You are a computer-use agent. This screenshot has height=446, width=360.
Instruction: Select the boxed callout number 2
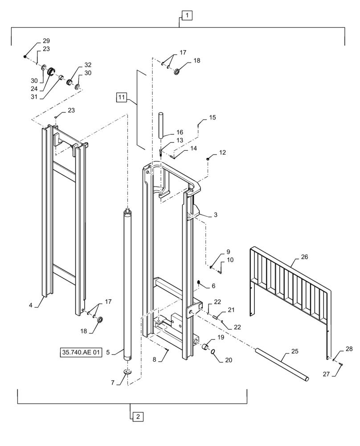pyautogui.click(x=138, y=417)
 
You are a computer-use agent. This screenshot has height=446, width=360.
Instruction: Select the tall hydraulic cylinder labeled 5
pyautogui.click(x=128, y=285)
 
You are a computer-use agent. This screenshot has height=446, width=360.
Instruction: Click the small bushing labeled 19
pyautogui.click(x=206, y=347)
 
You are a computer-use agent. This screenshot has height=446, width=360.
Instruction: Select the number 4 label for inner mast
pyautogui.click(x=31, y=305)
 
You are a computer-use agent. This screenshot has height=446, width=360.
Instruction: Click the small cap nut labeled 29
pyautogui.click(x=25, y=56)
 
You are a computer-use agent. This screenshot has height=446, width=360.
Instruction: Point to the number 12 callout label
pyautogui.click(x=222, y=153)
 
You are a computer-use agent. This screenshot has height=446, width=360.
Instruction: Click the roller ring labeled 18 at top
pyautogui.click(x=177, y=72)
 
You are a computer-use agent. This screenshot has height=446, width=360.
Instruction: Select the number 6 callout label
pyautogui.click(x=213, y=285)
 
